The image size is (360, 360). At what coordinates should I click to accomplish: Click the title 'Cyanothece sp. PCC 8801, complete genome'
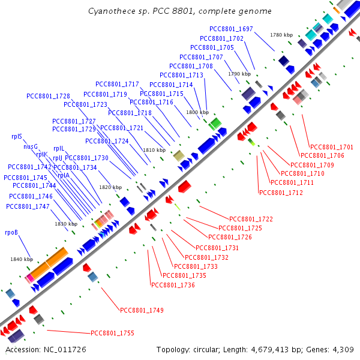point(179,11)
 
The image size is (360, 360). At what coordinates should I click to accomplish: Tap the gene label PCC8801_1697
point(231,29)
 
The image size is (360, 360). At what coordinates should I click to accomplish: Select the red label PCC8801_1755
point(112,333)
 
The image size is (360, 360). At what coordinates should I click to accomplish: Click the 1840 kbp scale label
point(21,259)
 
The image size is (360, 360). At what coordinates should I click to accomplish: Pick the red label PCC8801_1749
point(142,310)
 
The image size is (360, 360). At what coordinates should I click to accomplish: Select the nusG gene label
point(31,146)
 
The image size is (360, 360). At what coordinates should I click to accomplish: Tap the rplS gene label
point(16,136)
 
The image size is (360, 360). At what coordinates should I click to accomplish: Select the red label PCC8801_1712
point(281,193)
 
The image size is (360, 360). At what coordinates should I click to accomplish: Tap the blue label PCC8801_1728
point(48,96)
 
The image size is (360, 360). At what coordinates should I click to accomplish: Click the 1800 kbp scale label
point(197,112)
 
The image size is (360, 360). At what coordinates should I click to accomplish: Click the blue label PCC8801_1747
point(28,206)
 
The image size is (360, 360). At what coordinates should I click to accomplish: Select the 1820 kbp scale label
point(110,188)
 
